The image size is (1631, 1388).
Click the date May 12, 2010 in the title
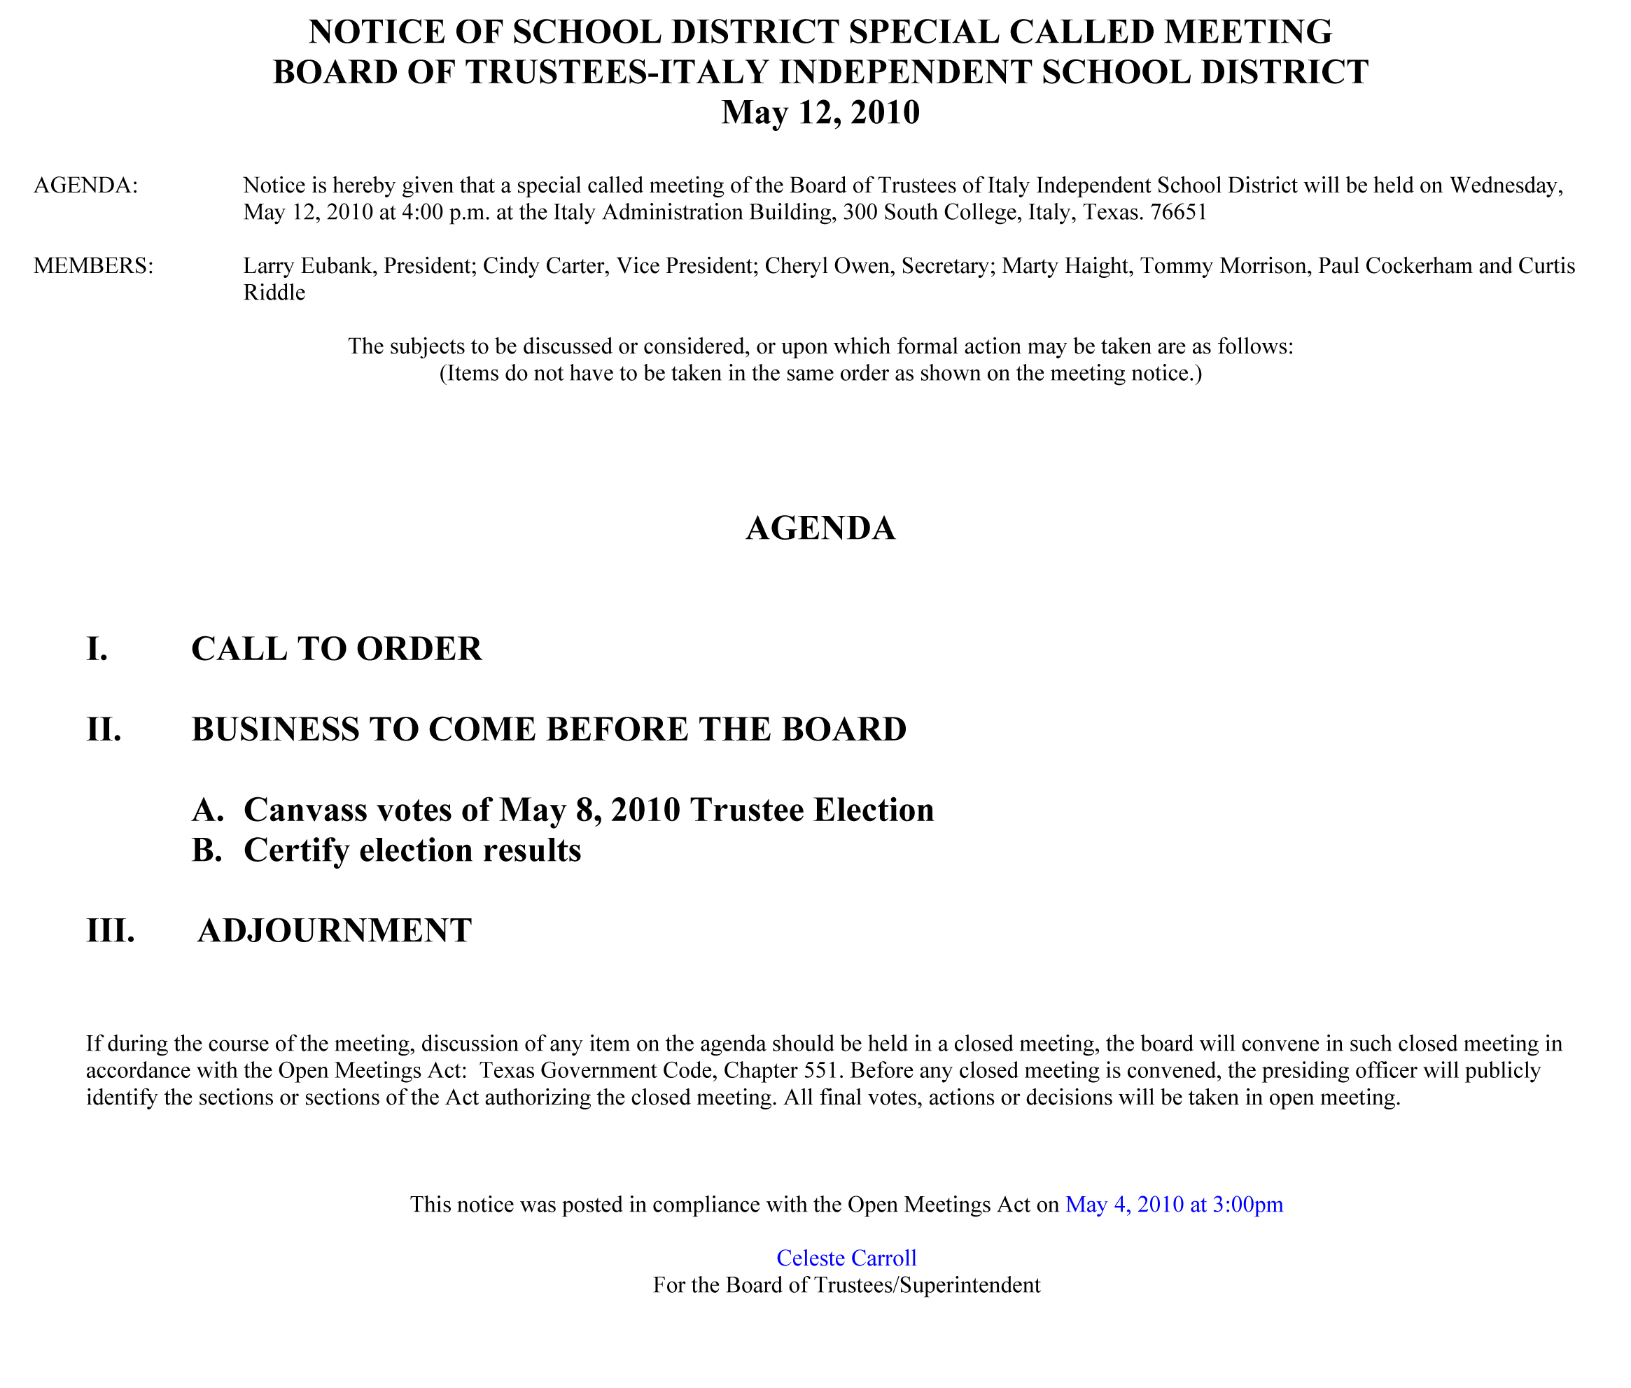[x=820, y=113]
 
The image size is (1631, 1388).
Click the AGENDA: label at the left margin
[x=86, y=185]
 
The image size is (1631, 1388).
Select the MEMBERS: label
[x=94, y=266]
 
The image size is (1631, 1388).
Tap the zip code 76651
[x=1178, y=213]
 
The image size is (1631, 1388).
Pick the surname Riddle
[x=274, y=293]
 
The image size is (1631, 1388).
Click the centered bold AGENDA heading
[x=820, y=528]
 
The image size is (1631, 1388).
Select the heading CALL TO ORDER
[x=336, y=649]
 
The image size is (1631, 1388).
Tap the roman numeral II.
[x=104, y=729]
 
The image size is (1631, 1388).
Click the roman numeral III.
[x=110, y=930]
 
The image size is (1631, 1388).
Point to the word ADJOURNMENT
[x=335, y=930]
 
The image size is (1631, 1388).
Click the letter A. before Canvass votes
[x=208, y=810]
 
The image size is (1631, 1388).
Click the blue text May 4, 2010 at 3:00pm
[x=1173, y=1205]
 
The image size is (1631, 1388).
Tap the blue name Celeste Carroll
[x=846, y=1259]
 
